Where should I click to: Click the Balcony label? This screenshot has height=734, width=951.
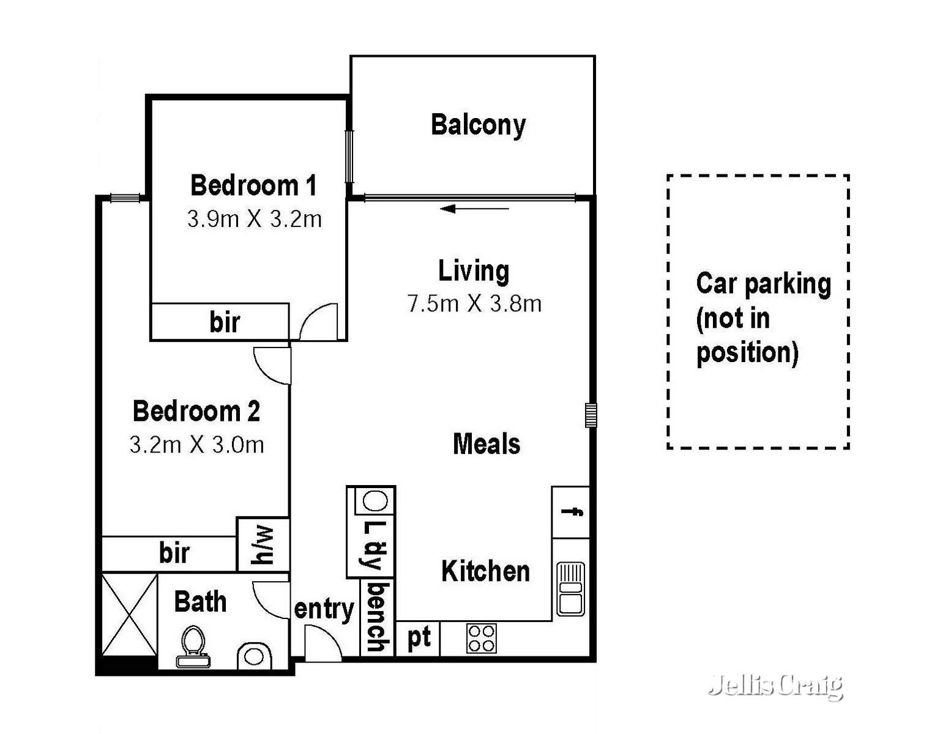point(478,125)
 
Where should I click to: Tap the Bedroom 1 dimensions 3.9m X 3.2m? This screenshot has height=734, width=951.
point(254,219)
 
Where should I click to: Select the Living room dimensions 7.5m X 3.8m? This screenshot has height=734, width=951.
point(474,303)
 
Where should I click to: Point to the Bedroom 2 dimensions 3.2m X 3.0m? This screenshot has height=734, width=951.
point(196,445)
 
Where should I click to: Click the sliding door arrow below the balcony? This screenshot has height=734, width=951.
point(474,209)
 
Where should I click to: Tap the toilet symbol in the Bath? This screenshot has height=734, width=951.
point(193,647)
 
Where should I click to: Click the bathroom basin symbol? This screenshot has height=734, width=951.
point(254,656)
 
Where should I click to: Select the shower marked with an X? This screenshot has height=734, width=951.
point(129,614)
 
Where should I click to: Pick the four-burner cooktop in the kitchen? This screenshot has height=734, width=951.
point(481,638)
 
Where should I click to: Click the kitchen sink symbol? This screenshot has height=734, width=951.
point(570,589)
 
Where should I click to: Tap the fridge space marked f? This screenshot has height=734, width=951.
point(572,512)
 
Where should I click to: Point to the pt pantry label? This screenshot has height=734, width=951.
point(419,638)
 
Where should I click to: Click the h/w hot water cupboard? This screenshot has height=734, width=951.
point(263,545)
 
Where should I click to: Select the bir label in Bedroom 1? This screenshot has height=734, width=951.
point(225,322)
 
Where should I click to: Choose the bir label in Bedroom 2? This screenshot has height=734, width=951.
point(174,553)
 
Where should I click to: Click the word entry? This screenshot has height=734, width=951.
point(324,609)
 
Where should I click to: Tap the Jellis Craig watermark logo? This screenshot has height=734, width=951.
point(775,686)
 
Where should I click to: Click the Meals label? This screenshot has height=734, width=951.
point(487,444)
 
